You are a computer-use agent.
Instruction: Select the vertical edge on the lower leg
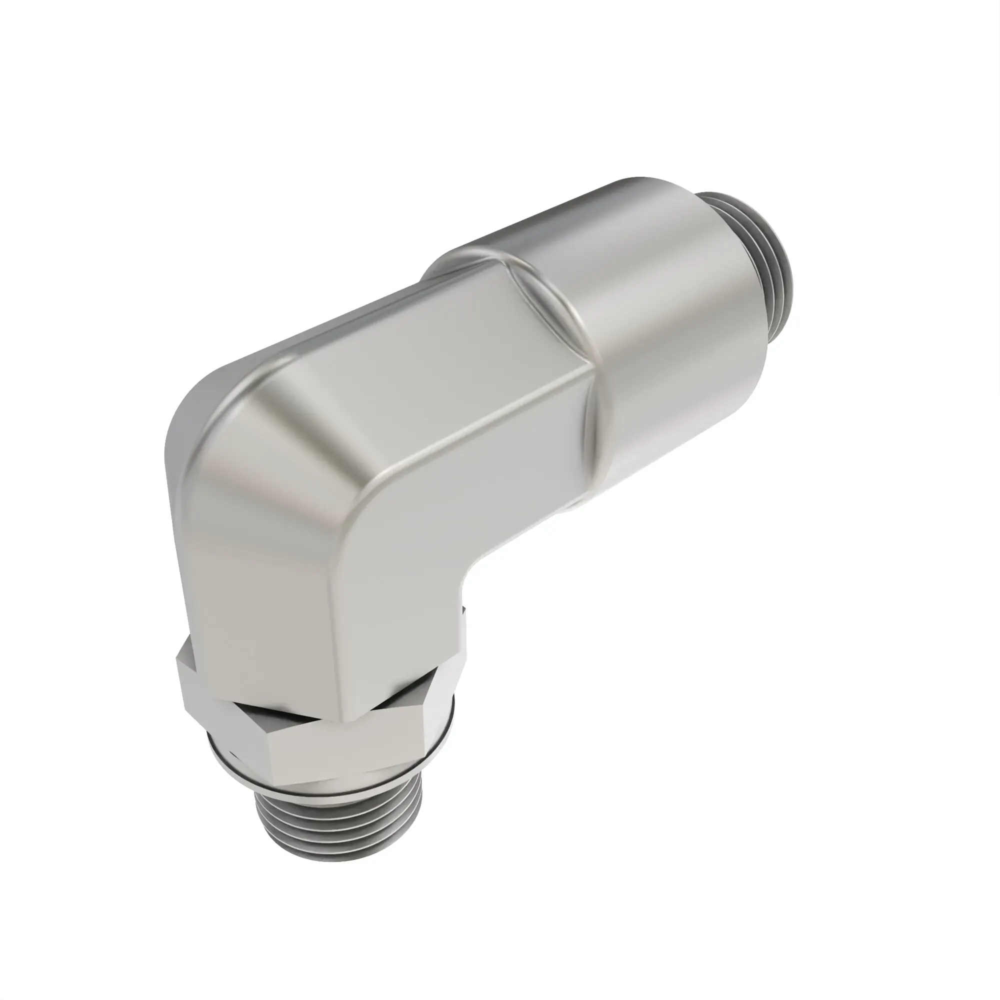tap(331, 621)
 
